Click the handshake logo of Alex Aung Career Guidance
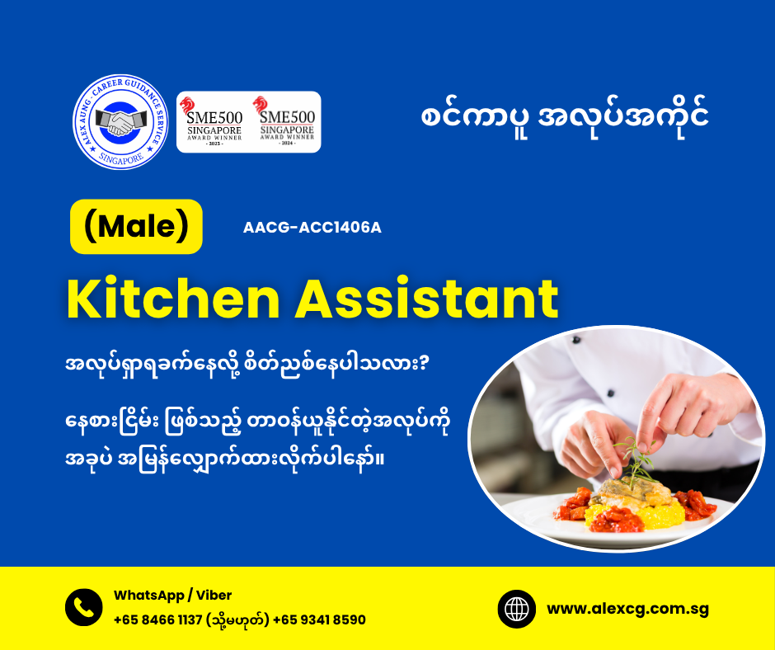120,122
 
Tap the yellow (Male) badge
136,227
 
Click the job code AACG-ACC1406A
312,228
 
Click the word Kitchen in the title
173,299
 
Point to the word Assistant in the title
427,299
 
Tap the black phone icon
84,607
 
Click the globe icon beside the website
516,609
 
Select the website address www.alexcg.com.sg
627,609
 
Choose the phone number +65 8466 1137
157,619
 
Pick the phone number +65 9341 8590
319,619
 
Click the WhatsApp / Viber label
172,595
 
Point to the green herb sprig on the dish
636,459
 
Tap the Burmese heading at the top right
565,118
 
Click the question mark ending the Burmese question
423,364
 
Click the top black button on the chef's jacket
576,340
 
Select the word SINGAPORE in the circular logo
121,159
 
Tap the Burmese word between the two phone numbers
237,619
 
